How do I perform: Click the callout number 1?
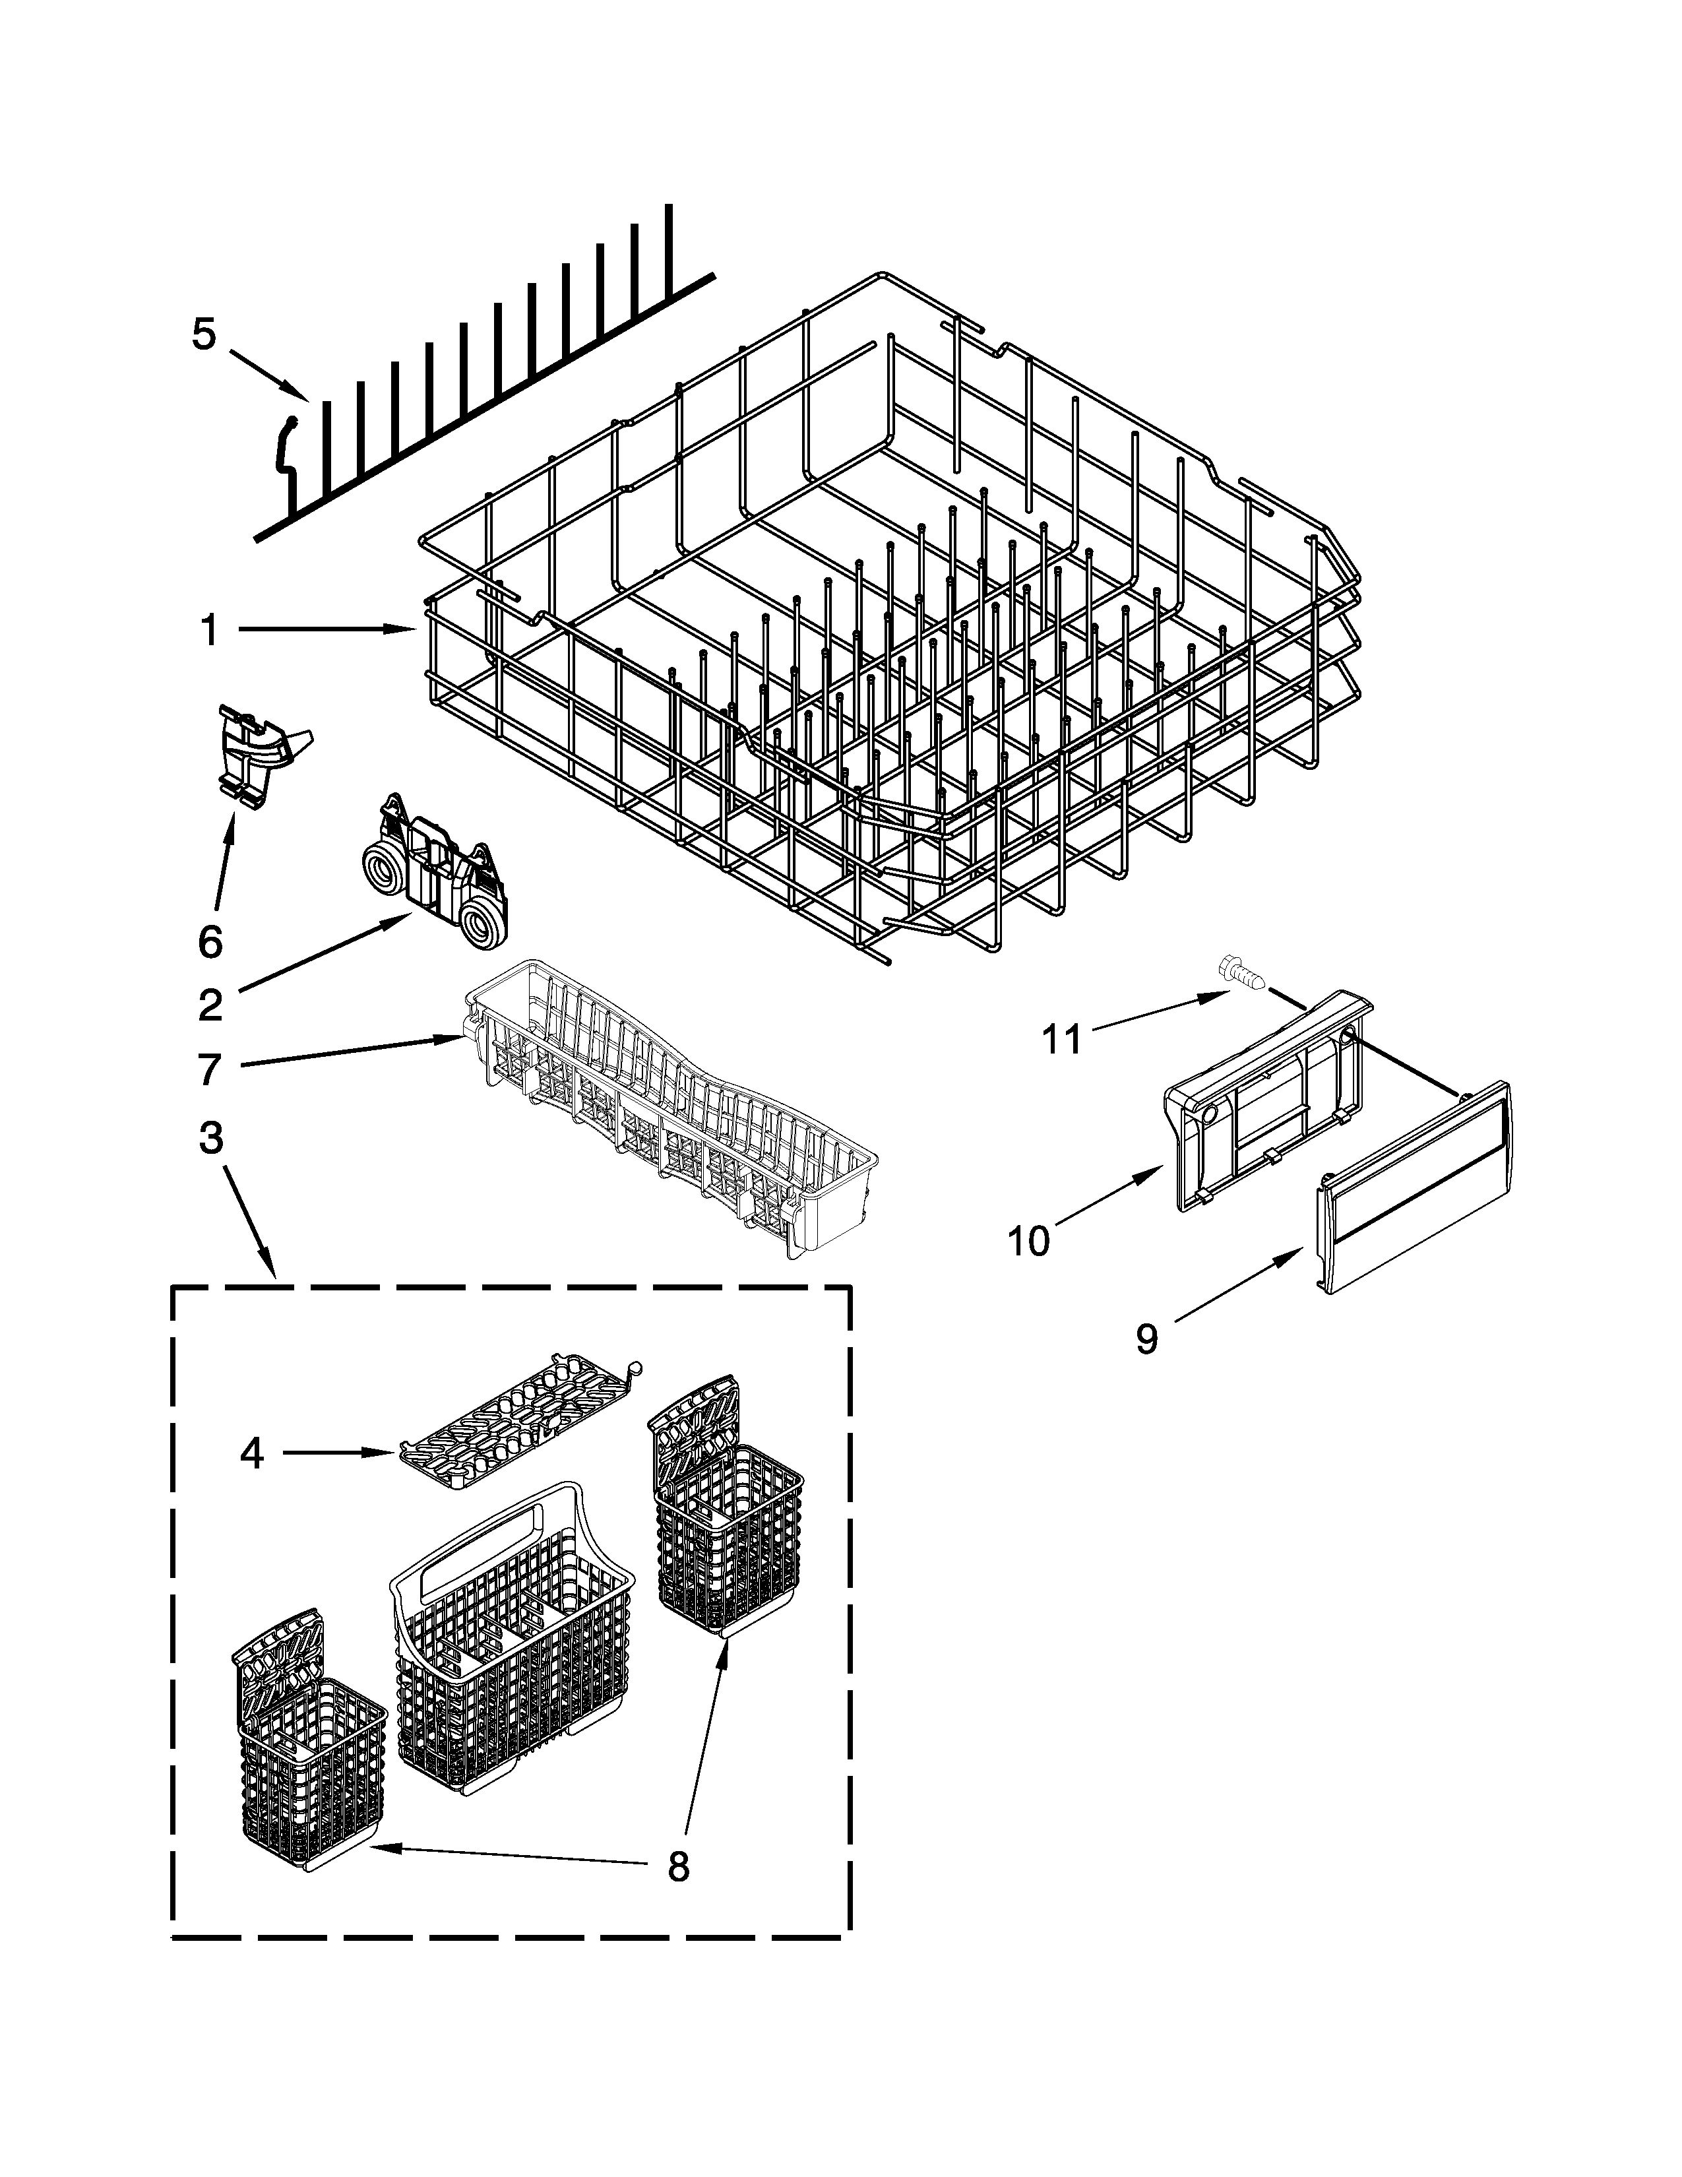(209, 630)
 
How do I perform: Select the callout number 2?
(210, 1006)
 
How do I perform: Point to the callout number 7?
(209, 1069)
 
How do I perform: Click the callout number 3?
(210, 1137)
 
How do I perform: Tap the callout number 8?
(677, 1866)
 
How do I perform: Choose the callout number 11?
(1061, 1040)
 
